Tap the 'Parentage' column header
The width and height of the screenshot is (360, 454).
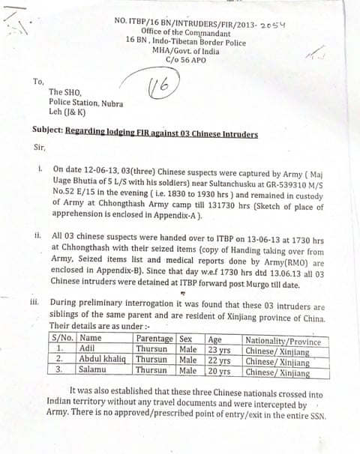pyautogui.click(x=154, y=339)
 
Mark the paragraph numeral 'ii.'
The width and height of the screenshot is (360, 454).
pyautogui.click(x=38, y=234)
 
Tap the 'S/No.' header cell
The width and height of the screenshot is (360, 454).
pyautogui.click(x=64, y=339)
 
